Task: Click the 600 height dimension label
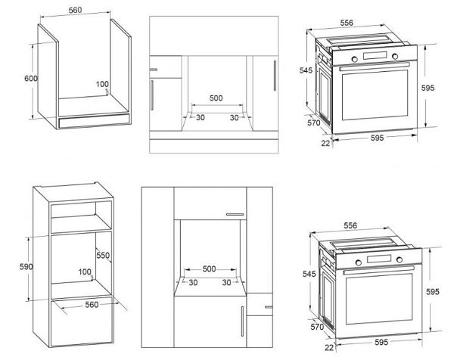tap(31, 79)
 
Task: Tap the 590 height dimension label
tap(26, 266)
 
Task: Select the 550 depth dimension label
tap(103, 255)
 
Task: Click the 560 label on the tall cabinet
tap(92, 305)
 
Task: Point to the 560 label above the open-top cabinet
tap(75, 10)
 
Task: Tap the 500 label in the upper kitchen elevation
tap(216, 98)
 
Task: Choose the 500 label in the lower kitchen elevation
tap(209, 268)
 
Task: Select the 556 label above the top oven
tap(347, 23)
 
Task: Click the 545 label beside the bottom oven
tap(309, 274)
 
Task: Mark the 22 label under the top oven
tap(325, 143)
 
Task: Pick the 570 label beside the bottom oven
tap(317, 327)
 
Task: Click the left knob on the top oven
tap(354, 59)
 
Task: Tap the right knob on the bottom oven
tap(400, 259)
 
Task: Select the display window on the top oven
tap(375, 55)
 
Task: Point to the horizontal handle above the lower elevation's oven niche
tap(235, 215)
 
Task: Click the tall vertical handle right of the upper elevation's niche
tap(275, 76)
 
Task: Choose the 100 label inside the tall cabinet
tap(85, 272)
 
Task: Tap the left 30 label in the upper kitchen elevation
tap(201, 117)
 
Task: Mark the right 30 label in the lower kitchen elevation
tap(226, 282)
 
